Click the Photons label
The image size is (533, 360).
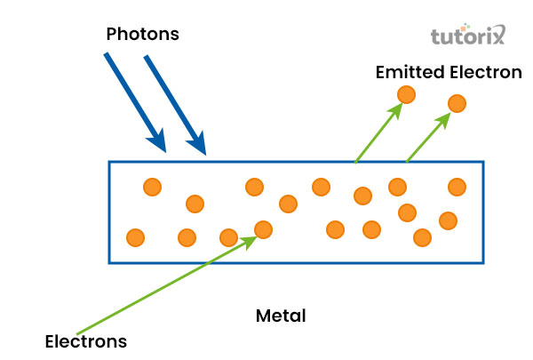point(143,35)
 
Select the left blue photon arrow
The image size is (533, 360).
point(133,98)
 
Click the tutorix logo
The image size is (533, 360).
point(467,37)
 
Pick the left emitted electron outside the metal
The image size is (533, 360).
point(406,94)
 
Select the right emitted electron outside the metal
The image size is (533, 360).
point(457,104)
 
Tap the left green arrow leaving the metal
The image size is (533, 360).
point(377,133)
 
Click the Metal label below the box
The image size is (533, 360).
point(281,316)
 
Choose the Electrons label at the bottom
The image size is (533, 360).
point(86,341)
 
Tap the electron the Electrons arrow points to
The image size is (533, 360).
point(263,230)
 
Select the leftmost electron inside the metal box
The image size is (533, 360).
point(135,237)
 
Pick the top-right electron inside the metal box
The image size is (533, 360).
point(457,187)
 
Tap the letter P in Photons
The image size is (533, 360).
point(111,35)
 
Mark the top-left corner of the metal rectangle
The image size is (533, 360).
point(109,162)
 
